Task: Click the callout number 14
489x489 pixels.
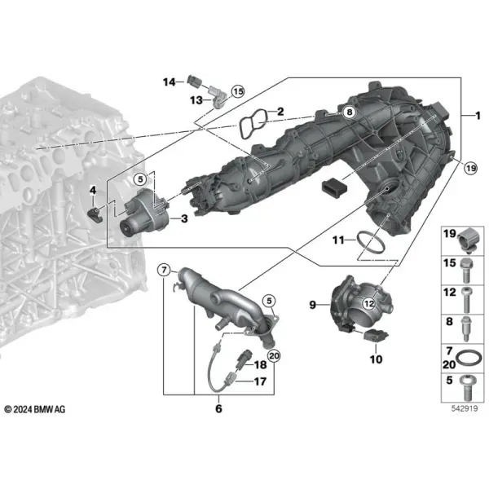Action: [170, 82]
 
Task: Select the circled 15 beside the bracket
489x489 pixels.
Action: [238, 91]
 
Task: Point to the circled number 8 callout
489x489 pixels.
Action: [350, 112]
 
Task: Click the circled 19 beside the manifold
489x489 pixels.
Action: [470, 169]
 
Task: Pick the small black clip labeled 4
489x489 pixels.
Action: [95, 214]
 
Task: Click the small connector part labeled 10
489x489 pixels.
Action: [375, 335]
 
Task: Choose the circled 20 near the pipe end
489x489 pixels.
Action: [274, 356]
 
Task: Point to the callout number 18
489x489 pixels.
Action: [261, 364]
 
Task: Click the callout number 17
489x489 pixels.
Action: [261, 381]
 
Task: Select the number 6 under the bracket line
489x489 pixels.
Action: [218, 408]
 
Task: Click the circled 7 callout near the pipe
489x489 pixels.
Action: [164, 270]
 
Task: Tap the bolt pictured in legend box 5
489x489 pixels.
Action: [467, 388]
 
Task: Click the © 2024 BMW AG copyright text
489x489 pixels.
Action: [35, 409]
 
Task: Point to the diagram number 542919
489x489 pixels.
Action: [465, 408]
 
